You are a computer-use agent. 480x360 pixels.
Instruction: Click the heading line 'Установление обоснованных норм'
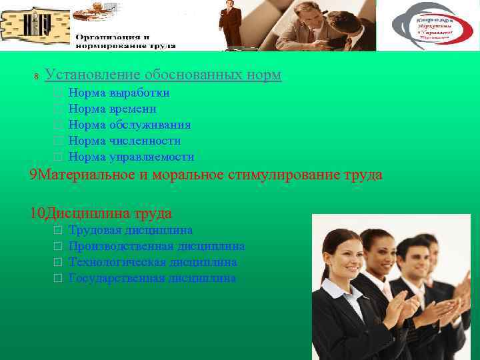163,75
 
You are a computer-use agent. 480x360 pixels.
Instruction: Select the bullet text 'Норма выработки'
119,93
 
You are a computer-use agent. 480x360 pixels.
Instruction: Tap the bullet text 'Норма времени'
113,109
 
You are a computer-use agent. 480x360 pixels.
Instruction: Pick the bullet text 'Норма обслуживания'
129,125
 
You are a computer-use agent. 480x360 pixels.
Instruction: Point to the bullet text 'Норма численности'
125,141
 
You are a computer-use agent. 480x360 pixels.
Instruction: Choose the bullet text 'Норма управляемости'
131,157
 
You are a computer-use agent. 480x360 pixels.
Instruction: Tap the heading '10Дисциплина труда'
101,213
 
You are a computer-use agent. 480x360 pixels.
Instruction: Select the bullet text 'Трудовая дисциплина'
131,230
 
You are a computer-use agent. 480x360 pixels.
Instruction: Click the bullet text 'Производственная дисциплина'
157,246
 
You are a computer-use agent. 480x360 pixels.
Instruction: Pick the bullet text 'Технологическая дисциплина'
153,262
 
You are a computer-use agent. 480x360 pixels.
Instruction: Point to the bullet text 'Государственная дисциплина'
152,278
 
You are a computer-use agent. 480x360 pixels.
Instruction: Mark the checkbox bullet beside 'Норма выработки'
58,93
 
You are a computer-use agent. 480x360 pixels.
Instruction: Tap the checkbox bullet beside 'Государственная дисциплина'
58,279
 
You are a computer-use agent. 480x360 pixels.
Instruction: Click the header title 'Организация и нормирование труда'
125,41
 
